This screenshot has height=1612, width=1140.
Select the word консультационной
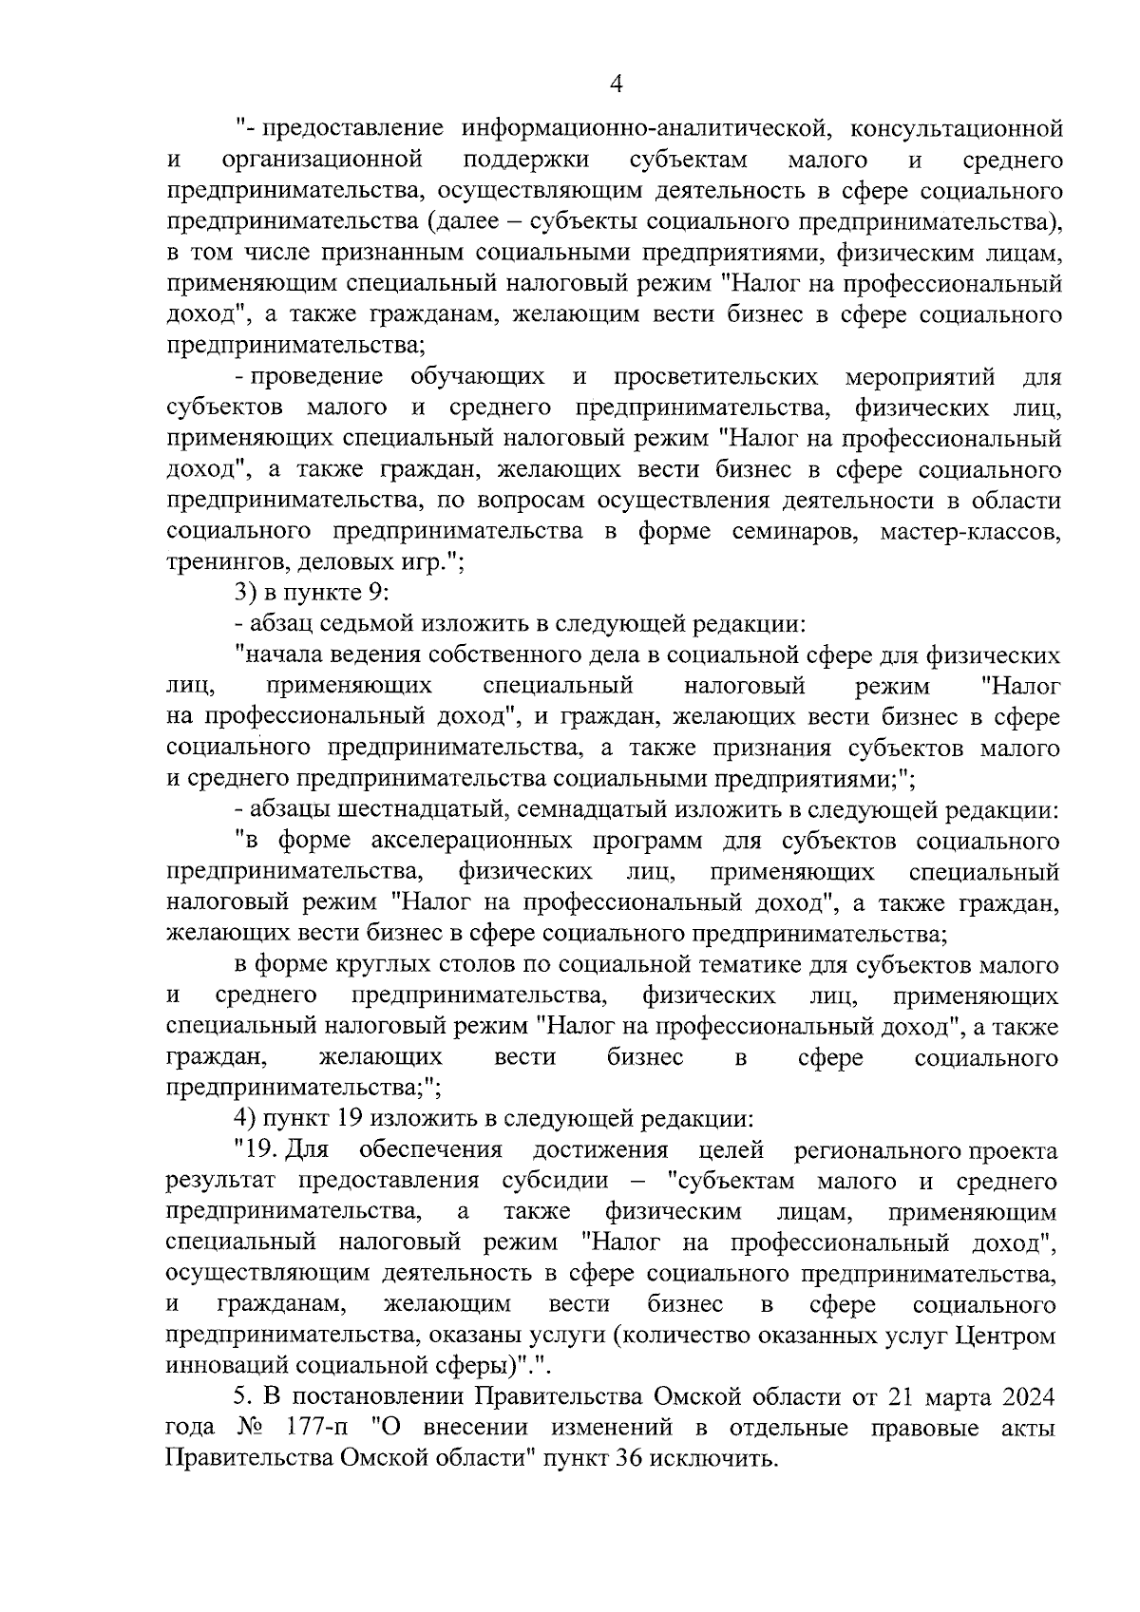[x=955, y=128]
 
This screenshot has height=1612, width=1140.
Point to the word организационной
[x=328, y=160]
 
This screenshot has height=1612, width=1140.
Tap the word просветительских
[x=716, y=377]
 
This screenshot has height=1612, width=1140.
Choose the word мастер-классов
[x=970, y=532]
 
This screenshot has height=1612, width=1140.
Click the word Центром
[x=1006, y=1337]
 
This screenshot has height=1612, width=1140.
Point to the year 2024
[x=1025, y=1398]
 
